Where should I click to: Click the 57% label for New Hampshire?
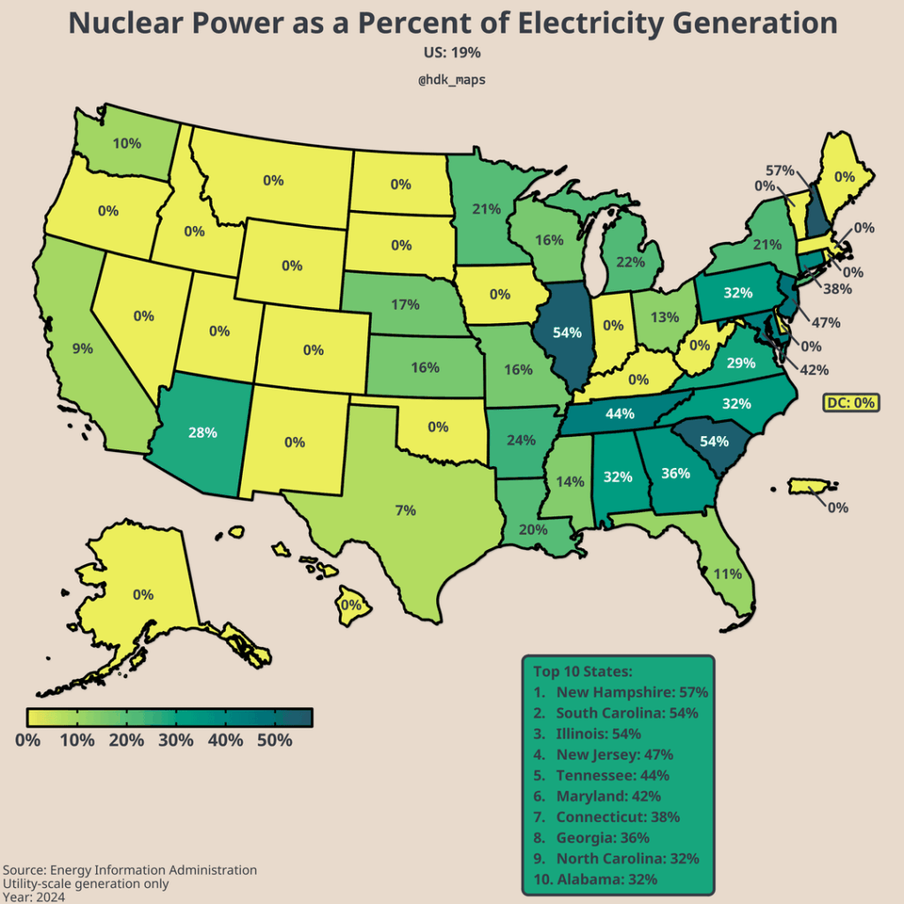pos(780,170)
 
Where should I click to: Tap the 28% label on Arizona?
pos(202,433)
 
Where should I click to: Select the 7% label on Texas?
pos(405,509)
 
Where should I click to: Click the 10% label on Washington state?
pos(127,143)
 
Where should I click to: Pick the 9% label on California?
pos(83,349)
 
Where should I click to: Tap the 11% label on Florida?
pos(727,574)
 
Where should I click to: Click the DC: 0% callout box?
pos(851,403)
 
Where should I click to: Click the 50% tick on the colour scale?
pos(275,740)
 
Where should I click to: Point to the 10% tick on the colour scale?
pos(78,740)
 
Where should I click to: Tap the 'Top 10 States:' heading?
pos(583,672)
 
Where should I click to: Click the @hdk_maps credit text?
pos(452,79)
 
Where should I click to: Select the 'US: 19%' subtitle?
pos(452,53)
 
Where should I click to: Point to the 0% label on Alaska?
pos(143,595)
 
